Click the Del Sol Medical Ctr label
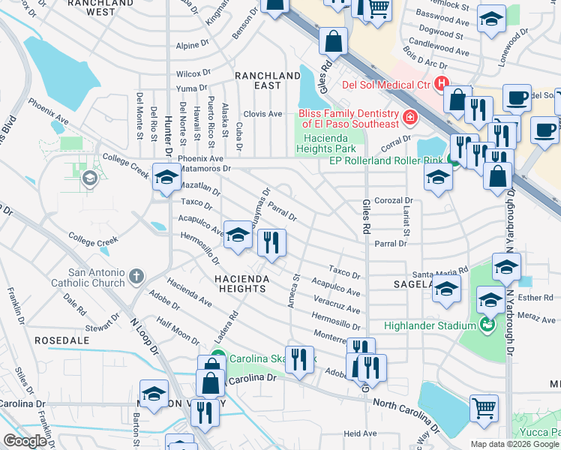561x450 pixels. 385,84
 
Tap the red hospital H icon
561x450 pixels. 442,83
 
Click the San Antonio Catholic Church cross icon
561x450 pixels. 135,277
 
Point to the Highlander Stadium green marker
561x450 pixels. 487,325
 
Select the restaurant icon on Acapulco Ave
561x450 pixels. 271,241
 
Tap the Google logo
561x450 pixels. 25,440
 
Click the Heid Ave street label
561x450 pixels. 359,433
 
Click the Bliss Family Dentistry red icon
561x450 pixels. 409,117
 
